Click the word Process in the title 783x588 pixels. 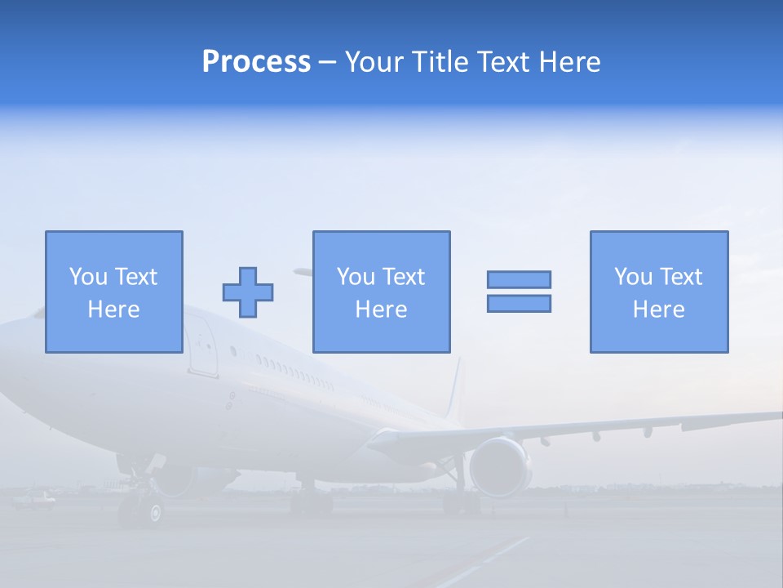click(256, 62)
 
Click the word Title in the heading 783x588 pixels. click(440, 62)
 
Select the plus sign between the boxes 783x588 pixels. click(248, 292)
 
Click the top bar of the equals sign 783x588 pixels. click(519, 279)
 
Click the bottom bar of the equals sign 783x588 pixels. click(519, 303)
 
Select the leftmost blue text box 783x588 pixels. click(113, 292)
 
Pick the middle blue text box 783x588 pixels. click(381, 292)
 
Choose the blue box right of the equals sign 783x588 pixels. click(658, 292)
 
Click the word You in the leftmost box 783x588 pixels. click(88, 277)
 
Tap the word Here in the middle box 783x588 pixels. click(381, 310)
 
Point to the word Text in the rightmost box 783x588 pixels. click(680, 277)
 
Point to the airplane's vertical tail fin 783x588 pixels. click(453, 392)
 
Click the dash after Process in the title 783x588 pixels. click(328, 62)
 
